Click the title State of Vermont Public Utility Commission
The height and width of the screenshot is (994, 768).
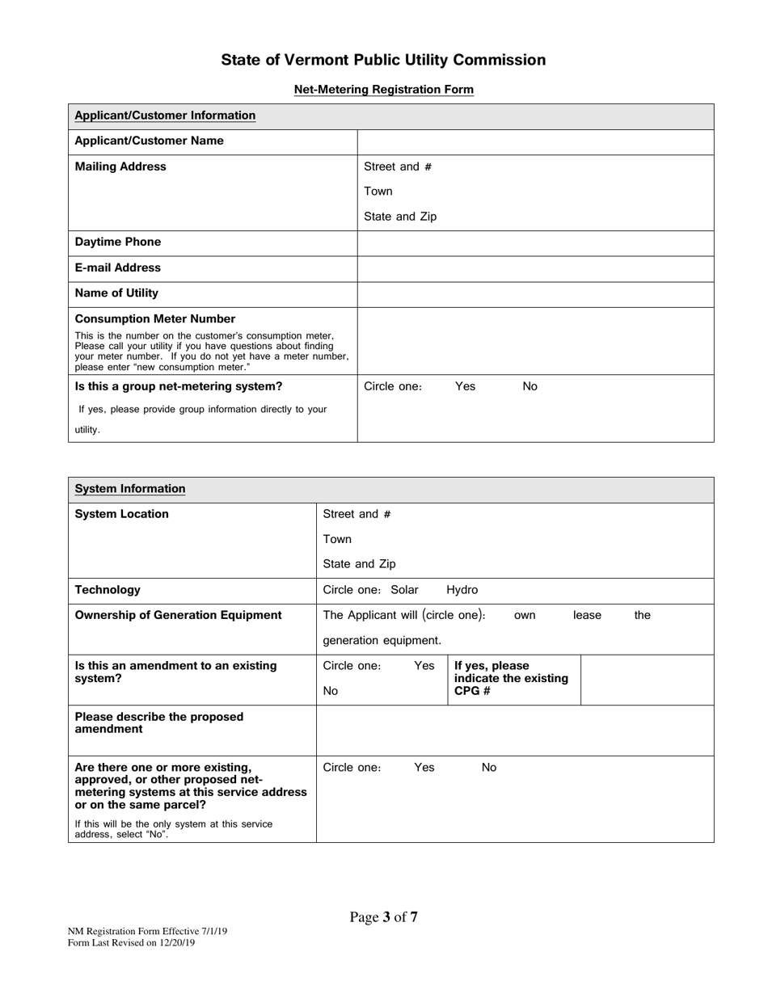pyautogui.click(x=383, y=60)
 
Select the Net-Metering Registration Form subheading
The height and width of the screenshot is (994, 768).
pyautogui.click(x=383, y=90)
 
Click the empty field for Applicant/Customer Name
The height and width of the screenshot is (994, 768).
pyautogui.click(x=535, y=141)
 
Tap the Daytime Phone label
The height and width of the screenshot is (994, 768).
pyautogui.click(x=118, y=242)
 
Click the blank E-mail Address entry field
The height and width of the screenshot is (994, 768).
pyautogui.click(x=535, y=268)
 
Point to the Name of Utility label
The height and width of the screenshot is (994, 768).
pyautogui.click(x=116, y=293)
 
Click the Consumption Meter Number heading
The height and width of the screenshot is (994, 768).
pyautogui.click(x=155, y=319)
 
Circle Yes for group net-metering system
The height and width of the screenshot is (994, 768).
pyautogui.click(x=465, y=386)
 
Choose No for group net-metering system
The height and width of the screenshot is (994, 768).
pyautogui.click(x=530, y=386)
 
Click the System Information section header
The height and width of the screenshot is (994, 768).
pyautogui.click(x=130, y=489)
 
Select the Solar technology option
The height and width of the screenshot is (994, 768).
pyautogui.click(x=405, y=590)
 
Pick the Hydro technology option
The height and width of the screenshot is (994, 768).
pyautogui.click(x=462, y=590)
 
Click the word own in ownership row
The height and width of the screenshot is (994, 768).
pyautogui.click(x=525, y=616)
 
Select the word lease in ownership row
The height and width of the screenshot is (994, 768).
pyautogui.click(x=587, y=616)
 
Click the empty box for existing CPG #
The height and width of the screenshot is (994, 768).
pyautogui.click(x=647, y=680)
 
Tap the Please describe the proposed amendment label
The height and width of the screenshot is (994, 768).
pyautogui.click(x=159, y=722)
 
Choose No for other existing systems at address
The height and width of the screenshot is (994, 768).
pyautogui.click(x=489, y=768)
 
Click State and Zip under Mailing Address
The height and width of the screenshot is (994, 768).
pyautogui.click(x=400, y=217)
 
